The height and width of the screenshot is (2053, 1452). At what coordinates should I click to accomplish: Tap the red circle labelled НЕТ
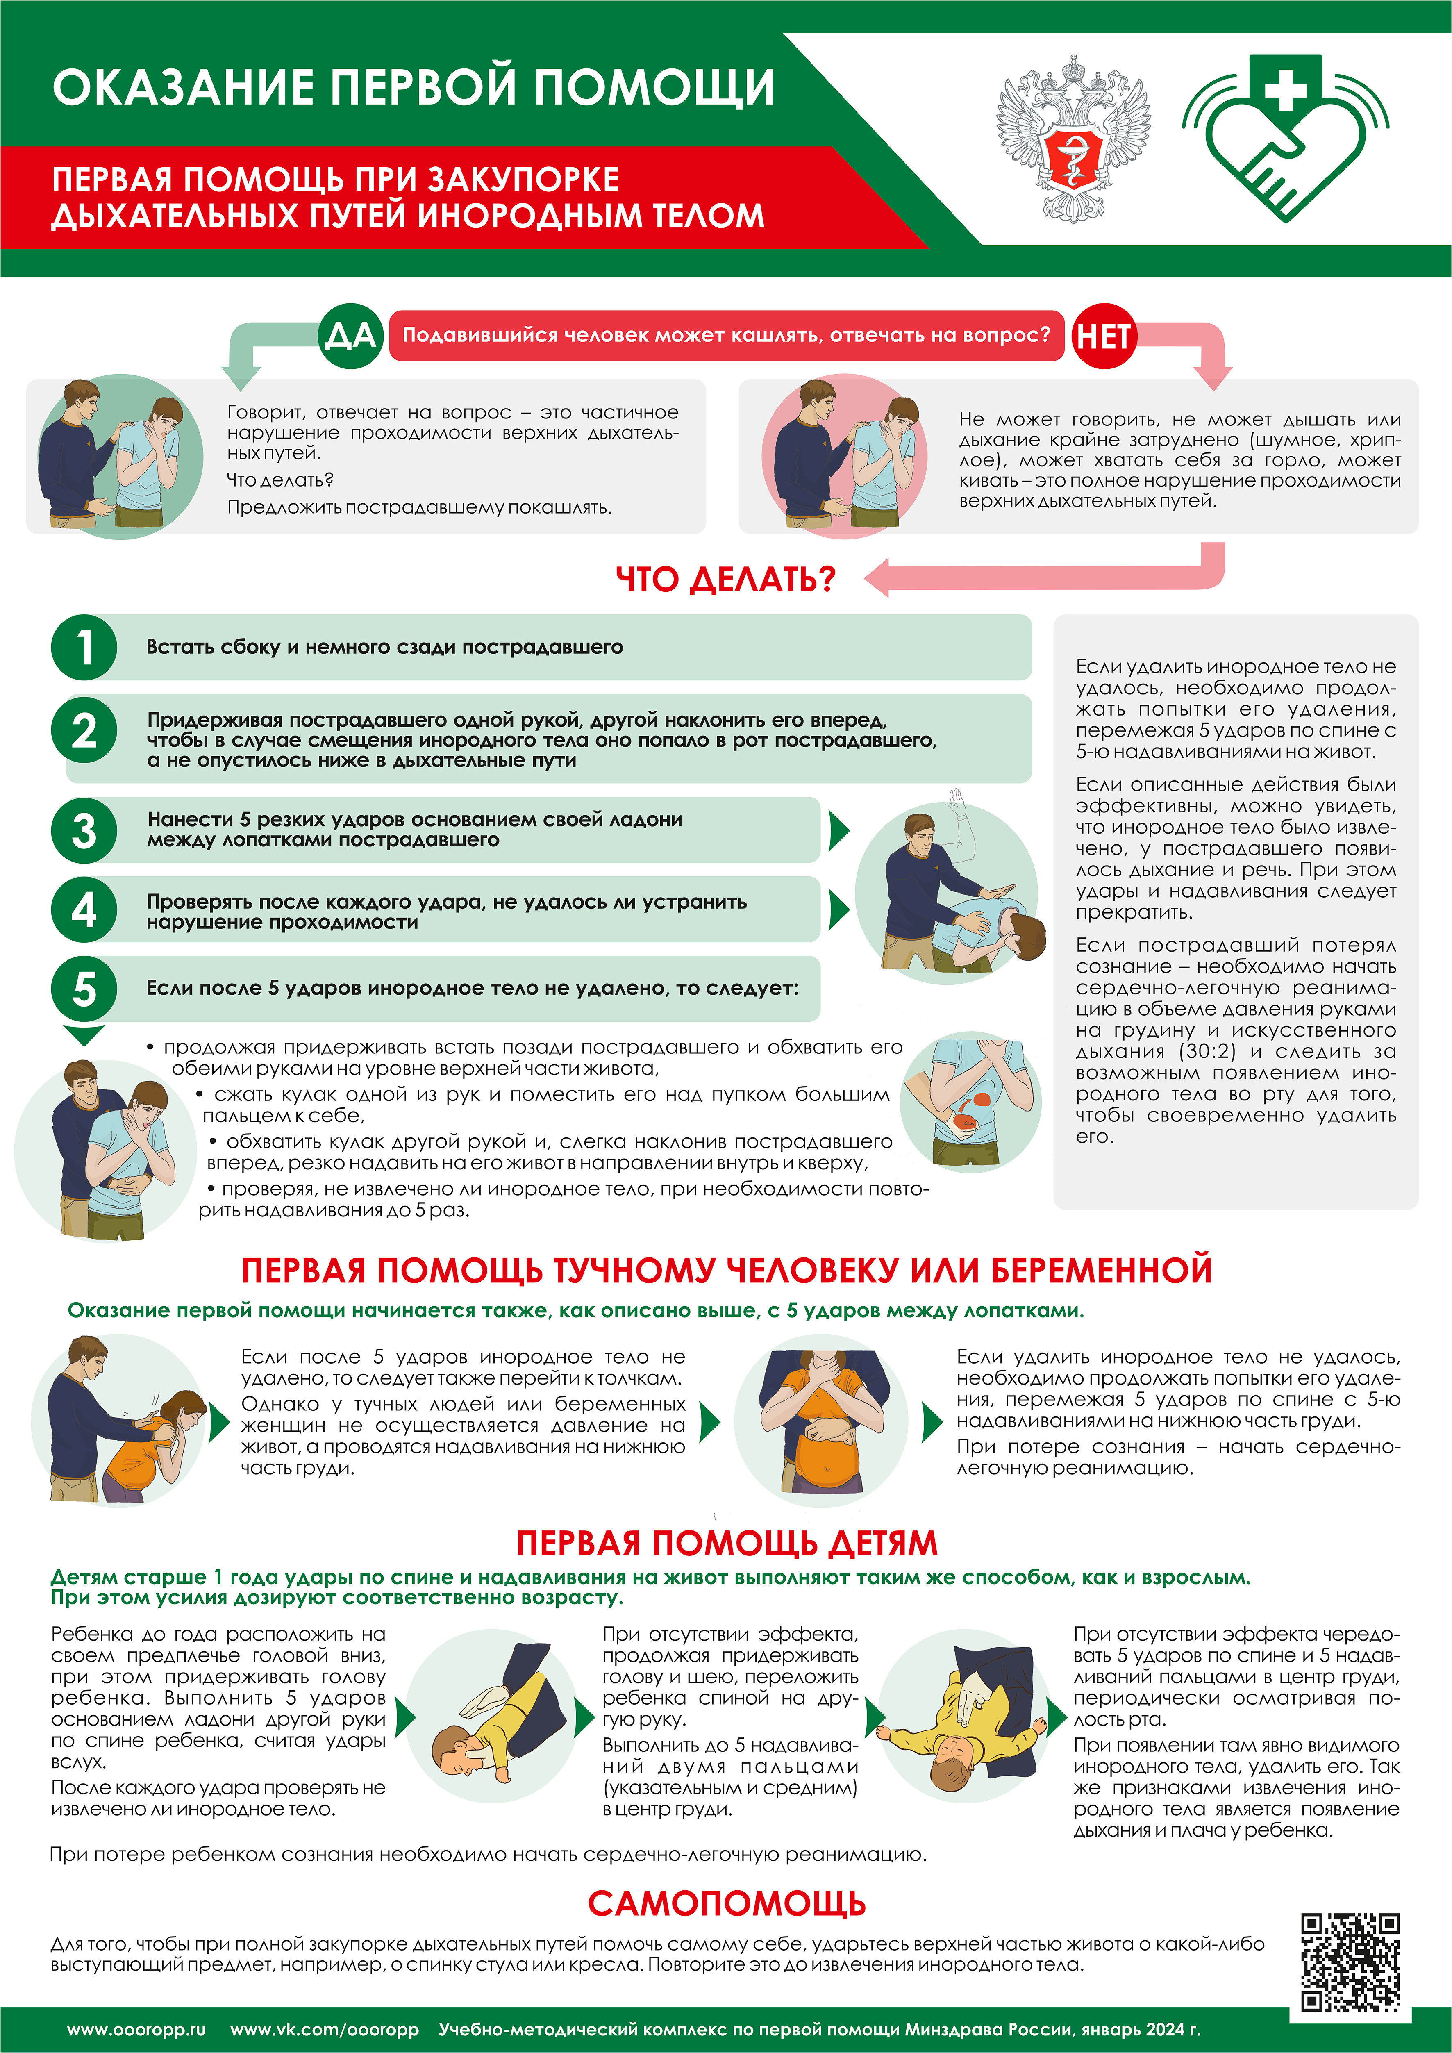point(1103,336)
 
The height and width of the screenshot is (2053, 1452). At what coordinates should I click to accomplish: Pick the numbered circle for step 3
point(84,830)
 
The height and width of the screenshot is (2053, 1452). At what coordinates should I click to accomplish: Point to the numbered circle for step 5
point(84,989)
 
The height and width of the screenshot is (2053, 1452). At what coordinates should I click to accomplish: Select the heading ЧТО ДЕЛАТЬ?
point(725,580)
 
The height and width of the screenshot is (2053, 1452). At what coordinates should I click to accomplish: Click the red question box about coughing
point(726,335)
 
